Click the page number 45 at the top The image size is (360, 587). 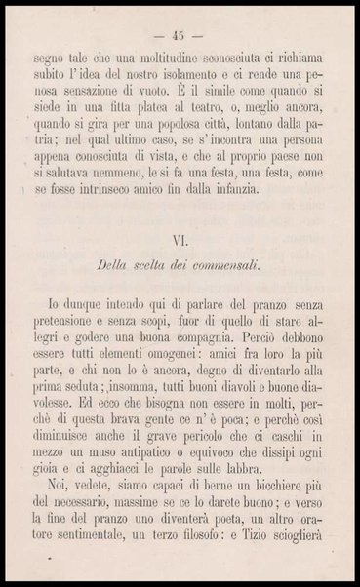tap(180, 25)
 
